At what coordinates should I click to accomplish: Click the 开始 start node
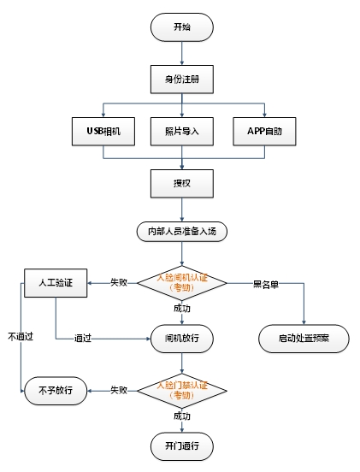coord(182,27)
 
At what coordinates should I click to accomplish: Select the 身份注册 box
coord(182,80)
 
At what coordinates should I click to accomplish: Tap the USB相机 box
coord(103,132)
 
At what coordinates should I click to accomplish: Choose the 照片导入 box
coord(182,132)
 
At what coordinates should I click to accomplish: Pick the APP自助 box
coord(264,132)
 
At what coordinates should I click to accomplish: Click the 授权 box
coord(182,184)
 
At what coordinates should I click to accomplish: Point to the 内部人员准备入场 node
coord(182,232)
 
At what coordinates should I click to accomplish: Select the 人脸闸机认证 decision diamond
coord(182,283)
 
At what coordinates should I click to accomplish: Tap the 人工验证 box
coord(56,283)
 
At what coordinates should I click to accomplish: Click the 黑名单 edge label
coord(265,285)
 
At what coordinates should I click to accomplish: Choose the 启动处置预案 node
coord(304,339)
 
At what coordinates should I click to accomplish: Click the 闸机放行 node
coord(182,339)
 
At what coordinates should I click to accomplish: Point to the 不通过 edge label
coord(21,336)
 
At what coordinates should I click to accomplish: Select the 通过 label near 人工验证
coord(83,338)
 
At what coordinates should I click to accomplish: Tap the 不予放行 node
coord(56,391)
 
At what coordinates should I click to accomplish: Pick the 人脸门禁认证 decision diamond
coord(182,391)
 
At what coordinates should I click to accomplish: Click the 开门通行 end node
coord(182,446)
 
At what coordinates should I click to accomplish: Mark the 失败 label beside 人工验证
coord(119,282)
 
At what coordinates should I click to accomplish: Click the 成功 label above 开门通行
coord(182,416)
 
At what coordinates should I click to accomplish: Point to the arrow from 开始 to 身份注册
coord(182,53)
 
